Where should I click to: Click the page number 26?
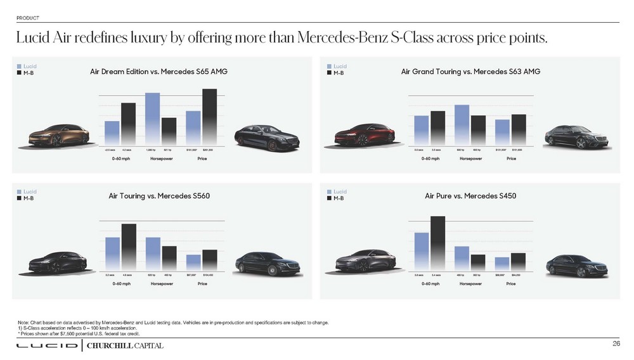tap(616, 344)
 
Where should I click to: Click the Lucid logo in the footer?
tap(47, 345)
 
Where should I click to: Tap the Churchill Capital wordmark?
tap(124, 345)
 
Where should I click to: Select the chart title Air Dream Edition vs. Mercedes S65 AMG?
tap(158, 72)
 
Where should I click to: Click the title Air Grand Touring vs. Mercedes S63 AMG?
tap(470, 72)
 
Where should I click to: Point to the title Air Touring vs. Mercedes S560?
tap(159, 196)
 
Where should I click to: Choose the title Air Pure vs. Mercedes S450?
tap(470, 196)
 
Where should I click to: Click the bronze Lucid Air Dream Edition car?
tap(58, 134)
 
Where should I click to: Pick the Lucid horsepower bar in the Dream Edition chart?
tap(152, 119)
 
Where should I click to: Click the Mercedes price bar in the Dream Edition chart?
tap(209, 116)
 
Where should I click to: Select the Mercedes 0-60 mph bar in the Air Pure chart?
tap(437, 243)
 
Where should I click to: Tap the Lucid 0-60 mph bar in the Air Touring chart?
tap(112, 254)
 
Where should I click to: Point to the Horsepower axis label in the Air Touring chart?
tap(162, 283)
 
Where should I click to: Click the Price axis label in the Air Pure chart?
tap(511, 283)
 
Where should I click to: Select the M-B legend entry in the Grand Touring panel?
tap(340, 73)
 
